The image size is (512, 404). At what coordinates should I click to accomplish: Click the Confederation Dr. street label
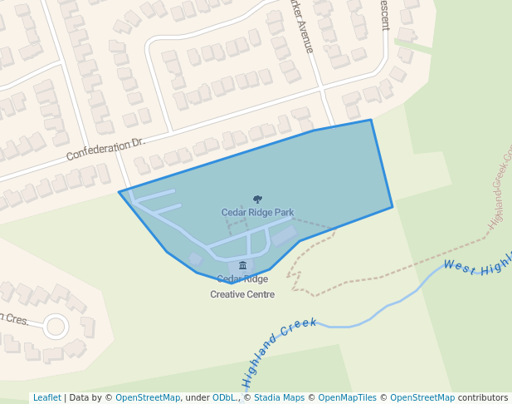tap(105, 150)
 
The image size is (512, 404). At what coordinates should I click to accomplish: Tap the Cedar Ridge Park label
tap(257, 213)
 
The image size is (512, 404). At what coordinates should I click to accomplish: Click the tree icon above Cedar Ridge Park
tap(257, 200)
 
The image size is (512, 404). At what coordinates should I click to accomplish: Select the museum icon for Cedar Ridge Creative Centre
tap(242, 265)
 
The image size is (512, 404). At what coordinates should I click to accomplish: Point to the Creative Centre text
tap(242, 294)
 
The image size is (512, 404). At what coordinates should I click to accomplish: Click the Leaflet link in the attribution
tap(47, 397)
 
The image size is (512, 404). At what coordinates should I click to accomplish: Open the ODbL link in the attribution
tap(223, 397)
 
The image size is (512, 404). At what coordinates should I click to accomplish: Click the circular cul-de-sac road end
tap(56, 326)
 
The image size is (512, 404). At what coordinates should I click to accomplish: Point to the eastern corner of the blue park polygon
tap(393, 207)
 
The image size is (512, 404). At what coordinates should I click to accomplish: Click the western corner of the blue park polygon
tap(119, 193)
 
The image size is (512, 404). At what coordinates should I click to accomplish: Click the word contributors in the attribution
tap(483, 397)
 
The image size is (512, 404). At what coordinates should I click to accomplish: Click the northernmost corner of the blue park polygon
tap(370, 121)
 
